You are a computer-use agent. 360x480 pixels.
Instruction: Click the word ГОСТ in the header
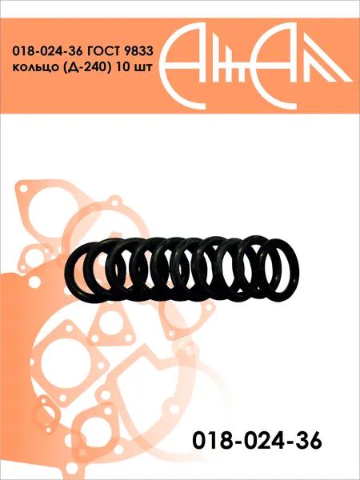(103, 51)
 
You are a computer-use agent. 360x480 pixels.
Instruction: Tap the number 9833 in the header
(138, 51)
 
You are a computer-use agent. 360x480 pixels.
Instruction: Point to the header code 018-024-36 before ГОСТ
(47, 51)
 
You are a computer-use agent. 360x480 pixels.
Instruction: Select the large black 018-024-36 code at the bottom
(257, 440)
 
